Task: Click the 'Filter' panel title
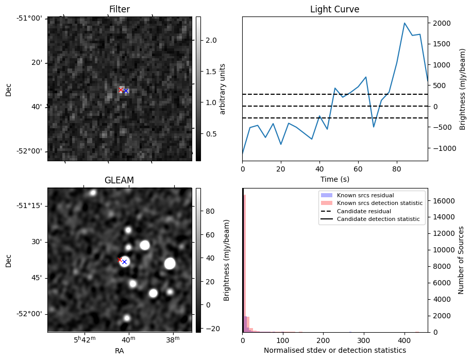pos(119,9)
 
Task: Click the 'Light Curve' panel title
pos(334,9)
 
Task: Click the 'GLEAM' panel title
pos(119,180)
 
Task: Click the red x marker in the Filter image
pos(121,90)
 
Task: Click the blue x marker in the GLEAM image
pos(124,262)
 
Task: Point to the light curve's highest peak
pos(404,23)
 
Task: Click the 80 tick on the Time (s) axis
pos(396,168)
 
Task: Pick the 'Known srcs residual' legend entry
pos(365,195)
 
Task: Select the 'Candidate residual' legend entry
pos(364,211)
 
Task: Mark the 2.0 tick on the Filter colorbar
pos(211,40)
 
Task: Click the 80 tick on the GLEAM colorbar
pos(210,211)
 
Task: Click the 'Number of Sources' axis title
pos(461,260)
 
